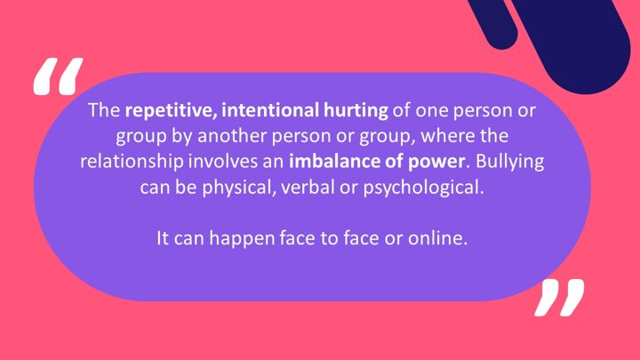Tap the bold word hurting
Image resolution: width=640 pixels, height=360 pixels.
click(356, 111)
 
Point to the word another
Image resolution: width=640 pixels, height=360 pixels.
click(232, 136)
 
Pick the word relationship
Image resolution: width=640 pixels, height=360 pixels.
click(132, 162)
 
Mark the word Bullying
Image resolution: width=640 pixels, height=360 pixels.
click(510, 162)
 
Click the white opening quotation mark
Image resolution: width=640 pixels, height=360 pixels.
click(58, 76)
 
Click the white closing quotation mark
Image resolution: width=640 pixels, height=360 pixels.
click(559, 298)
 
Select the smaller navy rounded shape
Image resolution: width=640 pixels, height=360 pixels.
click(494, 22)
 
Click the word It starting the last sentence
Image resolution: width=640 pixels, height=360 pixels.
click(163, 238)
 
